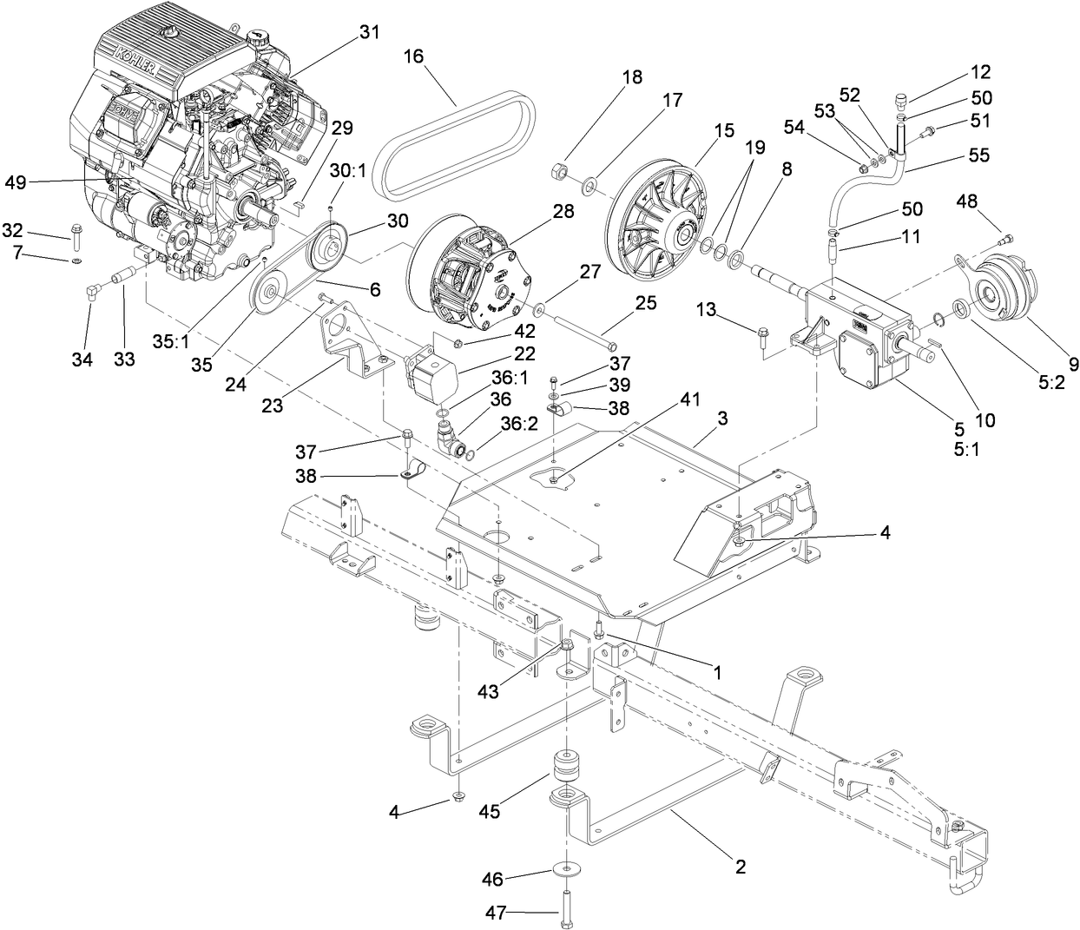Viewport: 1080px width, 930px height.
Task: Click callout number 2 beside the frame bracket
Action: point(740,866)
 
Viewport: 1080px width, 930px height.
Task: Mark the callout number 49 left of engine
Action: point(16,181)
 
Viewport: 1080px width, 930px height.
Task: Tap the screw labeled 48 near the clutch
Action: point(1007,235)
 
